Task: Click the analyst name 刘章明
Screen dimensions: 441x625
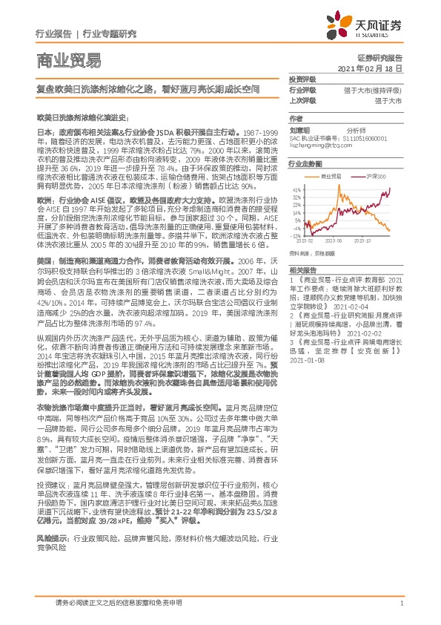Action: tap(299, 128)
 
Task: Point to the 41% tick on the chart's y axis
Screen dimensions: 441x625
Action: tap(296, 189)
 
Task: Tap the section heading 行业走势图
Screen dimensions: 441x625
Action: tap(305, 163)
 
